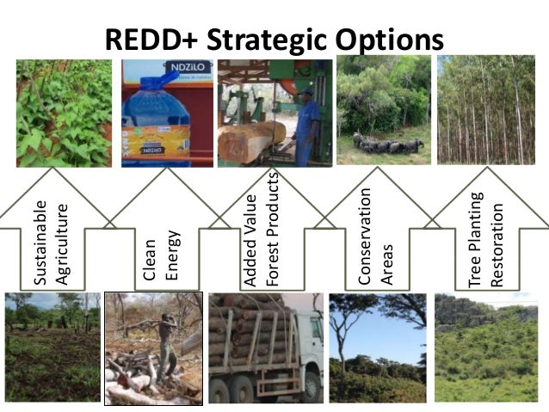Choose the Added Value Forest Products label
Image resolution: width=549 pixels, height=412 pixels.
click(262, 228)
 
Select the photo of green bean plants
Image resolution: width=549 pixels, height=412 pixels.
click(63, 112)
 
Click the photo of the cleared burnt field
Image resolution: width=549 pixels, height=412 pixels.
click(52, 347)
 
